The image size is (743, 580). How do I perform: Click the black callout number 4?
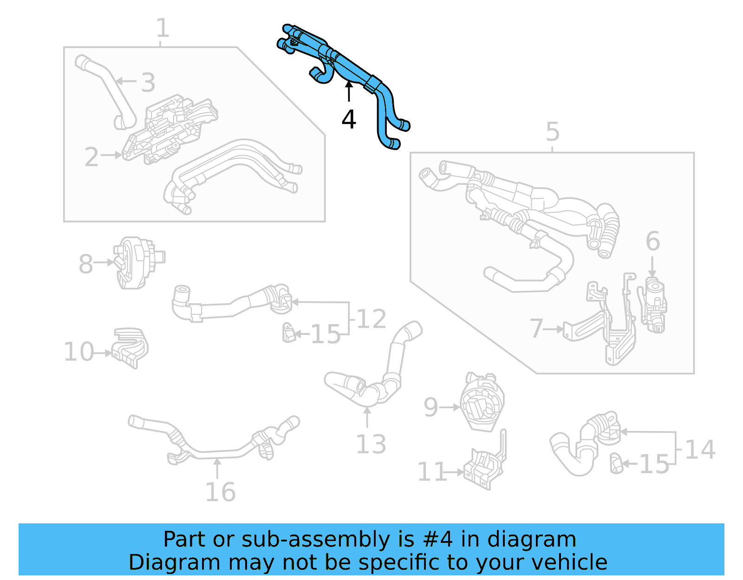point(349,119)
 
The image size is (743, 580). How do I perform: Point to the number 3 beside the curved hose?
point(148,83)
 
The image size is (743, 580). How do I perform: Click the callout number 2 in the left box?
point(91,157)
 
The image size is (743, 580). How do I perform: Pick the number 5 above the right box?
point(552,132)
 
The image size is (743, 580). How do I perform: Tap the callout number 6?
point(652,241)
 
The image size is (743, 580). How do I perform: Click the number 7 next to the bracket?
point(537,328)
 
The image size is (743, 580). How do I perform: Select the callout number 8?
point(85,264)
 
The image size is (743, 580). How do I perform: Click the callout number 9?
point(430,407)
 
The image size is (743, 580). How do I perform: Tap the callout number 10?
point(78,352)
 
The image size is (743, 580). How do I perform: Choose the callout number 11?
point(431,472)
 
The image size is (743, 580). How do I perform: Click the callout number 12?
point(371,319)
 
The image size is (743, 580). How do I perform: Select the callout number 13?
point(371,444)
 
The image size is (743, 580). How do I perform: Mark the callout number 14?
point(700,450)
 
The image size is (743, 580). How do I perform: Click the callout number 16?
point(220,492)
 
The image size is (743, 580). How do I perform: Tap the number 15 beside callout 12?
point(325,334)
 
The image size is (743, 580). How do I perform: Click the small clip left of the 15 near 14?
point(616,463)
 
